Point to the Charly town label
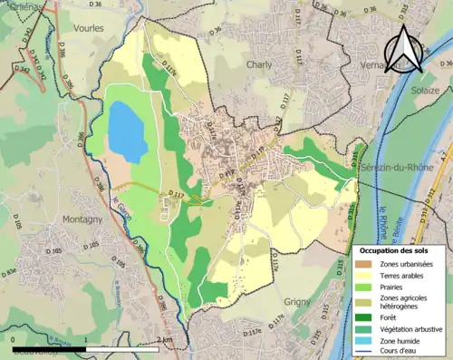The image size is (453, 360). [x=258, y=65]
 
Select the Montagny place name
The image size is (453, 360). [x=82, y=219]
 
